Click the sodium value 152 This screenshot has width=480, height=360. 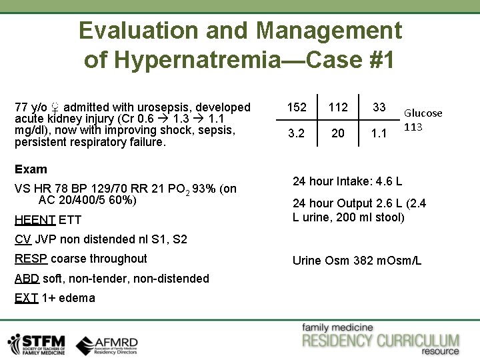coord(297,107)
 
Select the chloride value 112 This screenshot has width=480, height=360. coord(338,107)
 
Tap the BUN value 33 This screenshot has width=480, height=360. coord(379,107)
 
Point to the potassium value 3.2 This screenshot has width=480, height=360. coord(297,133)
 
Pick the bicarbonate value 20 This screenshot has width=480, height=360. coord(338,133)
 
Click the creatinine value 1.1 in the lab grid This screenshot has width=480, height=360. coord(379,133)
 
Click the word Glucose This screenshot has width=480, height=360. coord(423,113)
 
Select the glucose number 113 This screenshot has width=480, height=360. coord(414,127)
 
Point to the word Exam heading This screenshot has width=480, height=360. coord(31,169)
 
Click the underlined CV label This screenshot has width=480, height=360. coord(23,239)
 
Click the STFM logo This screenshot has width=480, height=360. coord(37,343)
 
